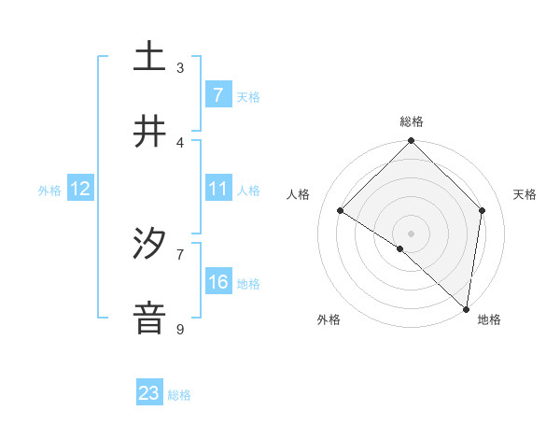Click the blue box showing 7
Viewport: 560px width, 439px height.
[x=217, y=95]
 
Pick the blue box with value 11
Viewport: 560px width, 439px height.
[x=217, y=189]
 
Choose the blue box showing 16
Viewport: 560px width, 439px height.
[x=217, y=282]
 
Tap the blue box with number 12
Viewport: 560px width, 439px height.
[x=79, y=189]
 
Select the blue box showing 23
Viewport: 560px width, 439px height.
[x=149, y=393]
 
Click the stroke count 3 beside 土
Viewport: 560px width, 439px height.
[x=180, y=67]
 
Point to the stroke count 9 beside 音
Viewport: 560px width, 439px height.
[x=180, y=329]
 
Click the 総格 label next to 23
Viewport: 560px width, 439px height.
[x=179, y=394]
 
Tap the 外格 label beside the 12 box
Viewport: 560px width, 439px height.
[x=49, y=190]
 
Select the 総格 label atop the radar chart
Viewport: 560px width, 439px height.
[x=412, y=121]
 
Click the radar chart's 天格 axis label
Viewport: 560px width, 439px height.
[x=525, y=194]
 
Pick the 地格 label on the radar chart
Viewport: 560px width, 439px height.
[x=489, y=319]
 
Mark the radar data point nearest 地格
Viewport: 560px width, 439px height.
[x=467, y=309]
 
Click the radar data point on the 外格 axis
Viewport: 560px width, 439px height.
[x=400, y=248]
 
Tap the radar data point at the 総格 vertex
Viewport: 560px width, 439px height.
[x=412, y=142]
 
